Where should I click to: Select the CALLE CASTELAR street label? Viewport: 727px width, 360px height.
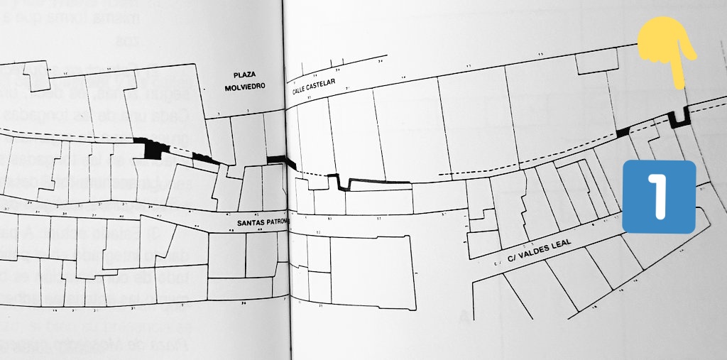click(319, 90)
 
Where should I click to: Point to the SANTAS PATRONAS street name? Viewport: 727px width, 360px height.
click(262, 223)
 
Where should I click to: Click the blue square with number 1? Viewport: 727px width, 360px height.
click(658, 197)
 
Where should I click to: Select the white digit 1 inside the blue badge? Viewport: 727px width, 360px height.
click(658, 197)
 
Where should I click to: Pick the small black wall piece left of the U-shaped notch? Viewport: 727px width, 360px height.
click(623, 131)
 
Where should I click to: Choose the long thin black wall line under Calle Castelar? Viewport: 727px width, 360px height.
click(376, 184)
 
